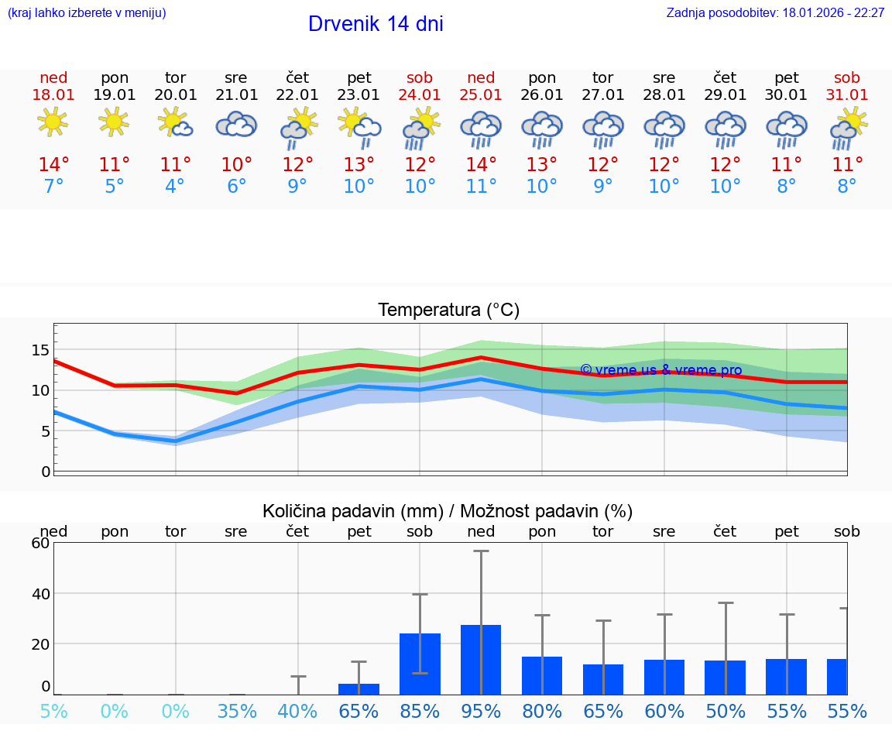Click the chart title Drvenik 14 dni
376,24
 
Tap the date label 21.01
236,95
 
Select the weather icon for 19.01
115,122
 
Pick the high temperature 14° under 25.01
481,165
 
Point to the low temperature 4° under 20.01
176,187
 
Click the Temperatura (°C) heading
448,311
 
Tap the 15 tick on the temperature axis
40,350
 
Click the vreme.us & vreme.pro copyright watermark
660,371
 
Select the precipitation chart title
448,511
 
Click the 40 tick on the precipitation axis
40,594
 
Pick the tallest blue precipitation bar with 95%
481,660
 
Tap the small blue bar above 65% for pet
359,689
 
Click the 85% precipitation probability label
420,712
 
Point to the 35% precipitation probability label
236,712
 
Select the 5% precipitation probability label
53,712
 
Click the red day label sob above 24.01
420,78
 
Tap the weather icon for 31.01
849,129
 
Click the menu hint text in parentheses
87,13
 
